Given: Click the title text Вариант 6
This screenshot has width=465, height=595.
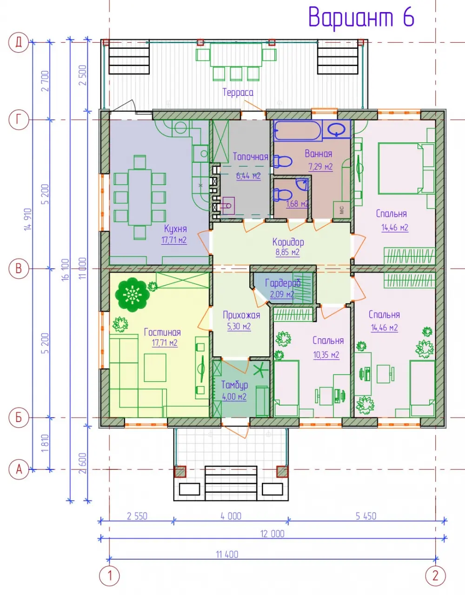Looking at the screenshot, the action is click(x=361, y=17).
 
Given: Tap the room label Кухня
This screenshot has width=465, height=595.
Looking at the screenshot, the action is click(x=175, y=228).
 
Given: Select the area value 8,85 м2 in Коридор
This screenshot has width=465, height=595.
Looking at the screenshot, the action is click(x=287, y=252).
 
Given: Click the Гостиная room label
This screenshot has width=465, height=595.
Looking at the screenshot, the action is click(x=162, y=332).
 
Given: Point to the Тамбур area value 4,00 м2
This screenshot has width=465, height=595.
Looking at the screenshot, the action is click(x=234, y=397).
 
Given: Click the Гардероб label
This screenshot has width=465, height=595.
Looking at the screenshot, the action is click(x=283, y=283).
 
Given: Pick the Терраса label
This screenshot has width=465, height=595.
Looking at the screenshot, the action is click(x=238, y=92).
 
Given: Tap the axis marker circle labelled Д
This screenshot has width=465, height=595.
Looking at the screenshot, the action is click(x=19, y=42).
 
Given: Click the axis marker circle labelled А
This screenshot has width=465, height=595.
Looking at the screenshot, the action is click(x=19, y=469).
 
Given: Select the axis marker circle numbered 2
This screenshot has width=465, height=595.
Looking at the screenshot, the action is click(x=435, y=576).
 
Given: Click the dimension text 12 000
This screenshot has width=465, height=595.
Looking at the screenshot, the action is click(x=272, y=534).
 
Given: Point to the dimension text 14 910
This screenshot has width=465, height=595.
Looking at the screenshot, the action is click(x=28, y=219).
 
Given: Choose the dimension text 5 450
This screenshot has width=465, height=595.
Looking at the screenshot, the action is click(x=366, y=516).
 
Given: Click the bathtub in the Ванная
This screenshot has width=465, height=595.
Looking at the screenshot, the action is click(x=298, y=131).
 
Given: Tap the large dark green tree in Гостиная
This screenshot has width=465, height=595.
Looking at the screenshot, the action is click(x=132, y=294).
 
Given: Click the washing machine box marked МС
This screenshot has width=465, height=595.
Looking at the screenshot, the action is click(x=341, y=210).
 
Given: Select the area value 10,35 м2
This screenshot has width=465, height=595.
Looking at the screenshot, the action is click(x=326, y=355).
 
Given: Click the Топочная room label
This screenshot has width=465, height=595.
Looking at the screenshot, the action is click(x=251, y=157).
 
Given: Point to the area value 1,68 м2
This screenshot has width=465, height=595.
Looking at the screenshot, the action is click(x=297, y=204).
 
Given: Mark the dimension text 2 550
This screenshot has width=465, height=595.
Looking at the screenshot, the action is click(x=137, y=516).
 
